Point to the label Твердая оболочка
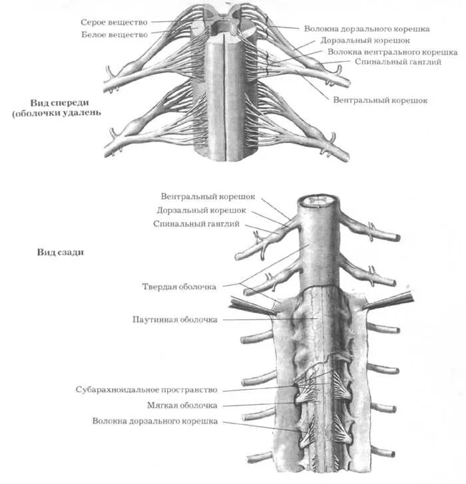[179, 287]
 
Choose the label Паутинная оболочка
[176, 320]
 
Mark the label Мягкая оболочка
[182, 405]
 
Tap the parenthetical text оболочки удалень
[56, 113]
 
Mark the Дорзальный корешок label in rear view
[201, 210]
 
